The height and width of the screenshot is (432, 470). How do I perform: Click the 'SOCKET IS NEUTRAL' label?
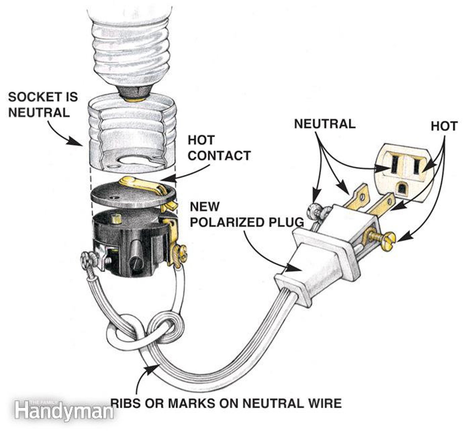click(x=43, y=104)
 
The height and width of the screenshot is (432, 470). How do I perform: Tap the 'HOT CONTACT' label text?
click(x=219, y=148)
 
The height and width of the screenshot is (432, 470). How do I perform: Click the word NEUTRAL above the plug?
click(x=325, y=124)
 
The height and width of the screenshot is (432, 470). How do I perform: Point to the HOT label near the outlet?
click(x=444, y=126)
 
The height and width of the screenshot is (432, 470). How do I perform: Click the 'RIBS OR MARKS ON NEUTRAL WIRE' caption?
click(x=226, y=403)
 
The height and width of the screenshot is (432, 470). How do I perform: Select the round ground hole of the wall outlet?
click(x=402, y=188)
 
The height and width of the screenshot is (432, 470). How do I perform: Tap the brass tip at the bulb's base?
click(x=135, y=100)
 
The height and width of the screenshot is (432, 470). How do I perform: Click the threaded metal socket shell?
click(x=132, y=130)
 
